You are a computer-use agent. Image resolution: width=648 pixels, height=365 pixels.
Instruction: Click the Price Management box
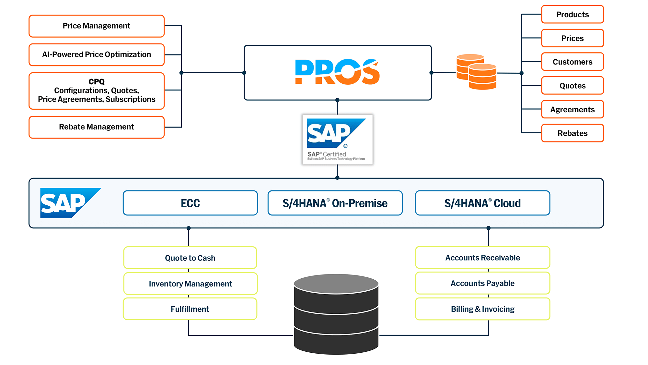97,26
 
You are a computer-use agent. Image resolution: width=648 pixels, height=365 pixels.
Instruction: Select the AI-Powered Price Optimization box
97,55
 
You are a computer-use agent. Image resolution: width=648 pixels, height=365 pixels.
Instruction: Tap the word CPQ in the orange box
97,81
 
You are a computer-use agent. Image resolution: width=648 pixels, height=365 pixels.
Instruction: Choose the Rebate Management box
97,127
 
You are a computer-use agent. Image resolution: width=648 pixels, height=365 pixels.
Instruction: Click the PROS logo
337,72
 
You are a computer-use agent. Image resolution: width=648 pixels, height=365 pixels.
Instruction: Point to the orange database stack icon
476,72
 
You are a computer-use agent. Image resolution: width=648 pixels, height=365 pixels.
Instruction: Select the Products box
572,15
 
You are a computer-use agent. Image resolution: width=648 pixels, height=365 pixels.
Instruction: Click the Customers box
572,62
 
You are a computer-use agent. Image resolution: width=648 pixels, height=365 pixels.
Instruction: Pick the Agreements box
572,109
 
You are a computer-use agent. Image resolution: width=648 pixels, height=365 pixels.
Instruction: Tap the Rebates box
572,133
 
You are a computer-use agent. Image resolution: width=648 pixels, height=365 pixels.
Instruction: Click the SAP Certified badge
337,140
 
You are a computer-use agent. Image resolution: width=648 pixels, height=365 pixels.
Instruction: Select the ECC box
190,203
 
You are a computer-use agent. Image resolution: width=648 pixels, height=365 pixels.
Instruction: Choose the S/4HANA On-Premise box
335,203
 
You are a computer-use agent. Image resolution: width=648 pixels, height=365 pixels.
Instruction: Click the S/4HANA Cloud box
482,203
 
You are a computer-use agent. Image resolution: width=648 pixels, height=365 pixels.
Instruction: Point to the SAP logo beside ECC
66,203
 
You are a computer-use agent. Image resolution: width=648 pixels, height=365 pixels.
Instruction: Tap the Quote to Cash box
190,258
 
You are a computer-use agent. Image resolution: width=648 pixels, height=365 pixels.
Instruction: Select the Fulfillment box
190,309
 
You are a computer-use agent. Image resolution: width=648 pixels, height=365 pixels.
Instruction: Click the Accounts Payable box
482,283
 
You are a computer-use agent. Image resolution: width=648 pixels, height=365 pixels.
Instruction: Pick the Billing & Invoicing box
482,309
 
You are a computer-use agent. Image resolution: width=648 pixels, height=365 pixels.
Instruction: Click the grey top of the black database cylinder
336,284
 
